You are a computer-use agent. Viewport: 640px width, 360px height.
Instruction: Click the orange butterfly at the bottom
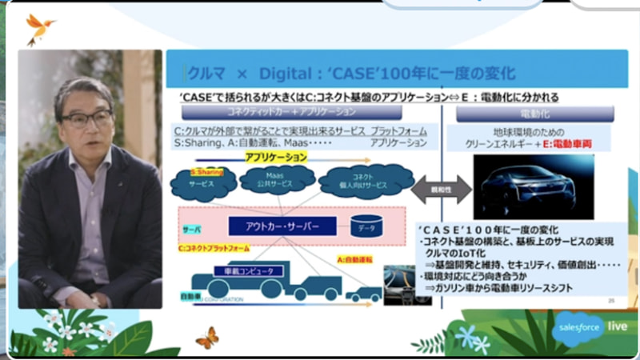tap(206, 336)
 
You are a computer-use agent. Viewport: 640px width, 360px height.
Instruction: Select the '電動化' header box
tap(534, 114)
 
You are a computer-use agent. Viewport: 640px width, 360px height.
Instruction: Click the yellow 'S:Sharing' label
tap(207, 170)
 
